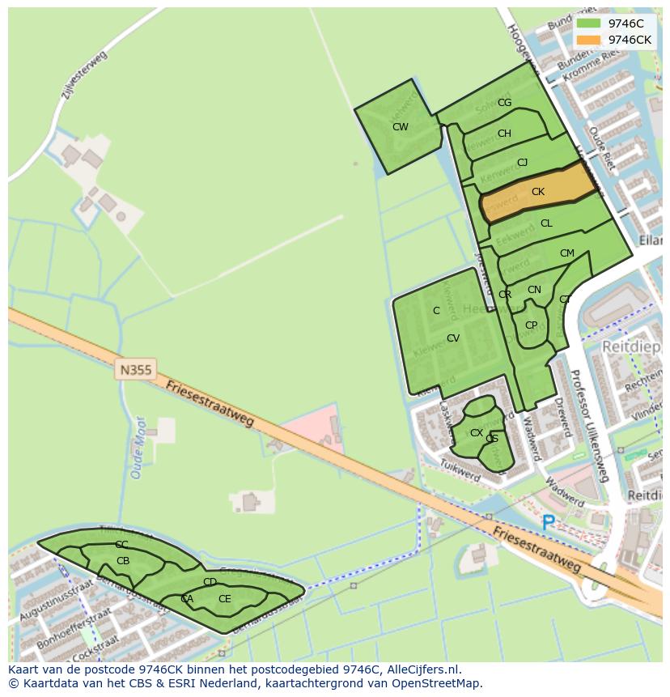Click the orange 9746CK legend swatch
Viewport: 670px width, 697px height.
tap(589, 40)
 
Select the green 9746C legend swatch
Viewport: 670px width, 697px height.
tap(589, 23)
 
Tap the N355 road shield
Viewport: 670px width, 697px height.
tap(135, 369)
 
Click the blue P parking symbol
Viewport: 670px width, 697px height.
tap(549, 524)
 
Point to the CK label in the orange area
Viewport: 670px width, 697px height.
tap(538, 192)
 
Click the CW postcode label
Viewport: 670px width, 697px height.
tap(400, 127)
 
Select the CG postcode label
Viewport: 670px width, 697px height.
tap(504, 103)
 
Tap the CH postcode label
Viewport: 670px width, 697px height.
tap(504, 134)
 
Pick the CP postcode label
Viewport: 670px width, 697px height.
tap(531, 325)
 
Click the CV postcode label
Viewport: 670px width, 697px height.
tap(453, 338)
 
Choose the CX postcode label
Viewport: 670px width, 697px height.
tap(477, 433)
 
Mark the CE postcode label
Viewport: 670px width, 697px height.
tap(224, 599)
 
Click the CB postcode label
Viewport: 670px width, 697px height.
tap(123, 561)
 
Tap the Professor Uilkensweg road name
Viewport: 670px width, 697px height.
tap(588, 426)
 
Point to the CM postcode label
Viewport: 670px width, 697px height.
tap(566, 253)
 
